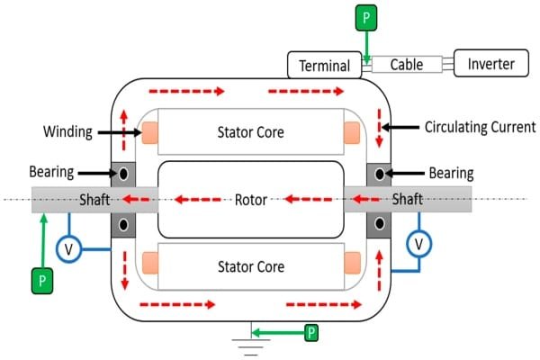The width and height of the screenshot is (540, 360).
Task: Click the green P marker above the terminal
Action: [x=366, y=19]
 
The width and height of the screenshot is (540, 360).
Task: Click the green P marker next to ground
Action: [x=311, y=332]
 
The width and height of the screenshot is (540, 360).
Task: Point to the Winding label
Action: [x=67, y=131]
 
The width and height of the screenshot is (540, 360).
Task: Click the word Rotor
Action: [x=250, y=199]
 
